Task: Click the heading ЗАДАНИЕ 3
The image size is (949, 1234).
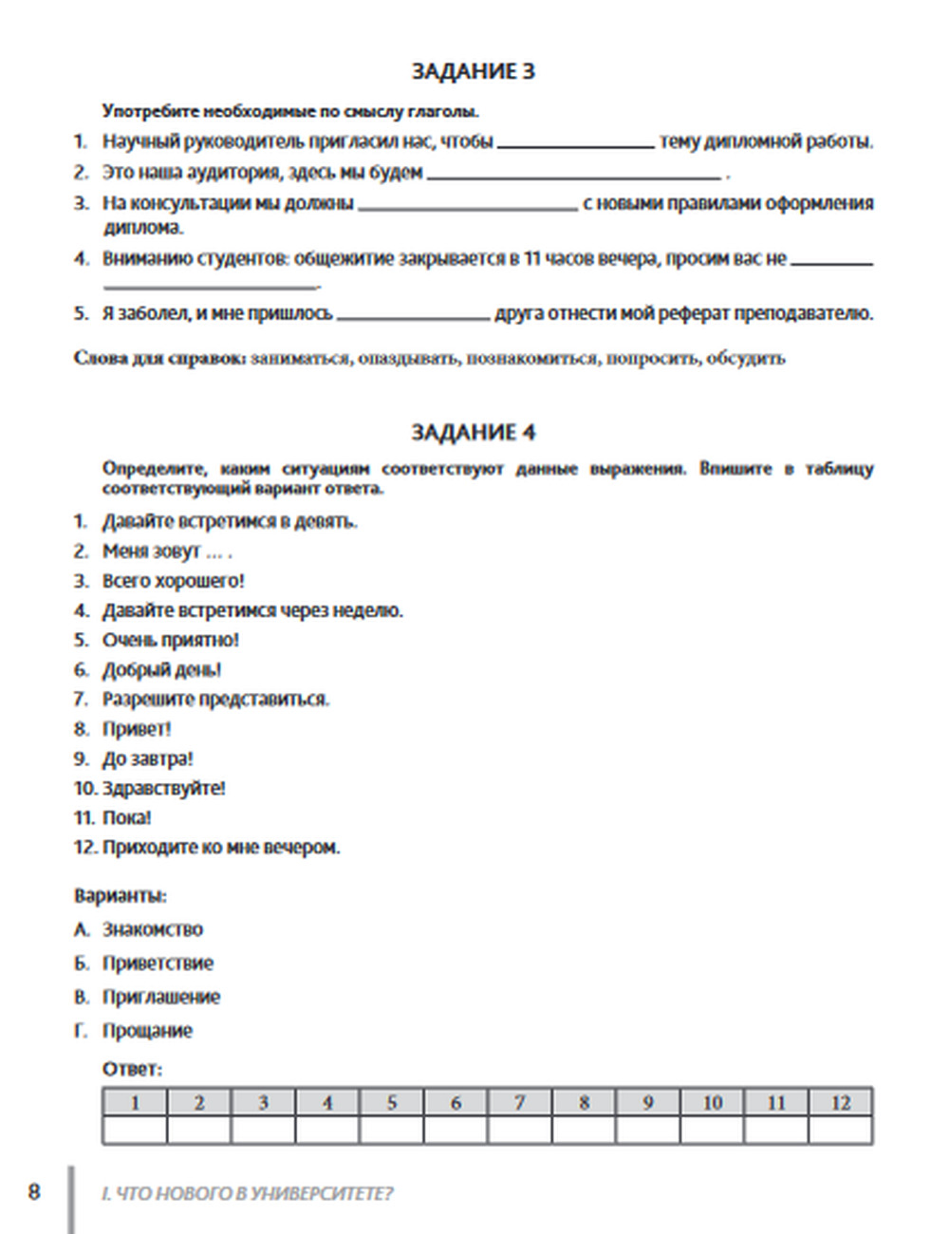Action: [x=473, y=71]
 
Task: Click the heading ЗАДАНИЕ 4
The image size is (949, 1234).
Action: [x=473, y=433]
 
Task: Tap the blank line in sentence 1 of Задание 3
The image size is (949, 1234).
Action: [x=575, y=142]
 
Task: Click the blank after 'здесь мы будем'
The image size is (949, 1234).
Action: [x=573, y=174]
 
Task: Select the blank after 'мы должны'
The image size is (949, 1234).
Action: [x=468, y=204]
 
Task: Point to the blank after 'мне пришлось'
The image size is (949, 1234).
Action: [x=413, y=314]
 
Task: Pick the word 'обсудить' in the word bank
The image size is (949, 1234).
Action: [x=745, y=359]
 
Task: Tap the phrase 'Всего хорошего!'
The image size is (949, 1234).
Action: [x=173, y=581]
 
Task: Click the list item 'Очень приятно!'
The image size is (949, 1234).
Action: [x=171, y=641]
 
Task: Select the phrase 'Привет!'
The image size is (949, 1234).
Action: [x=137, y=729]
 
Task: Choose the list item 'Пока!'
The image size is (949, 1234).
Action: [x=127, y=817]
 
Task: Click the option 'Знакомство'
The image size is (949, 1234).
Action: [x=153, y=929]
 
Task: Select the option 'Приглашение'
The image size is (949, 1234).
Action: [x=161, y=997]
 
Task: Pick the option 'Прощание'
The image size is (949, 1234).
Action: [x=147, y=1031]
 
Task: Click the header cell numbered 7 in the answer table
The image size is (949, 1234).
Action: [x=519, y=1102]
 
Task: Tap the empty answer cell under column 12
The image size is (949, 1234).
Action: [x=840, y=1130]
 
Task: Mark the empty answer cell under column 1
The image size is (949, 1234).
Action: [x=135, y=1130]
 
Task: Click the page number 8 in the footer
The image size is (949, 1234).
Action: [x=34, y=1191]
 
